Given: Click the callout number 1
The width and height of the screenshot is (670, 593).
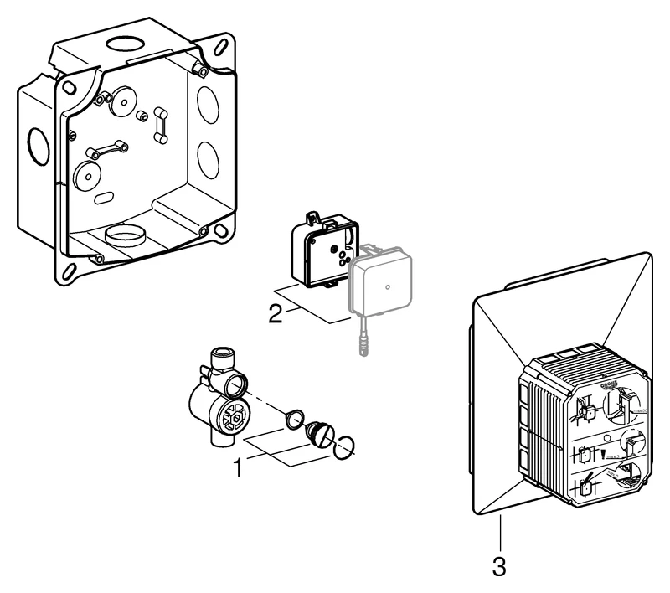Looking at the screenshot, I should (x=237, y=467).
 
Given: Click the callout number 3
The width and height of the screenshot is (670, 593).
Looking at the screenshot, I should (x=499, y=566).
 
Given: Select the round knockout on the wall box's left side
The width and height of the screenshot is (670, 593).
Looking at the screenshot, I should (x=37, y=147).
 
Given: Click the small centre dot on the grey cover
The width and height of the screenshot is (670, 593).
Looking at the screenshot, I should (x=389, y=286).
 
